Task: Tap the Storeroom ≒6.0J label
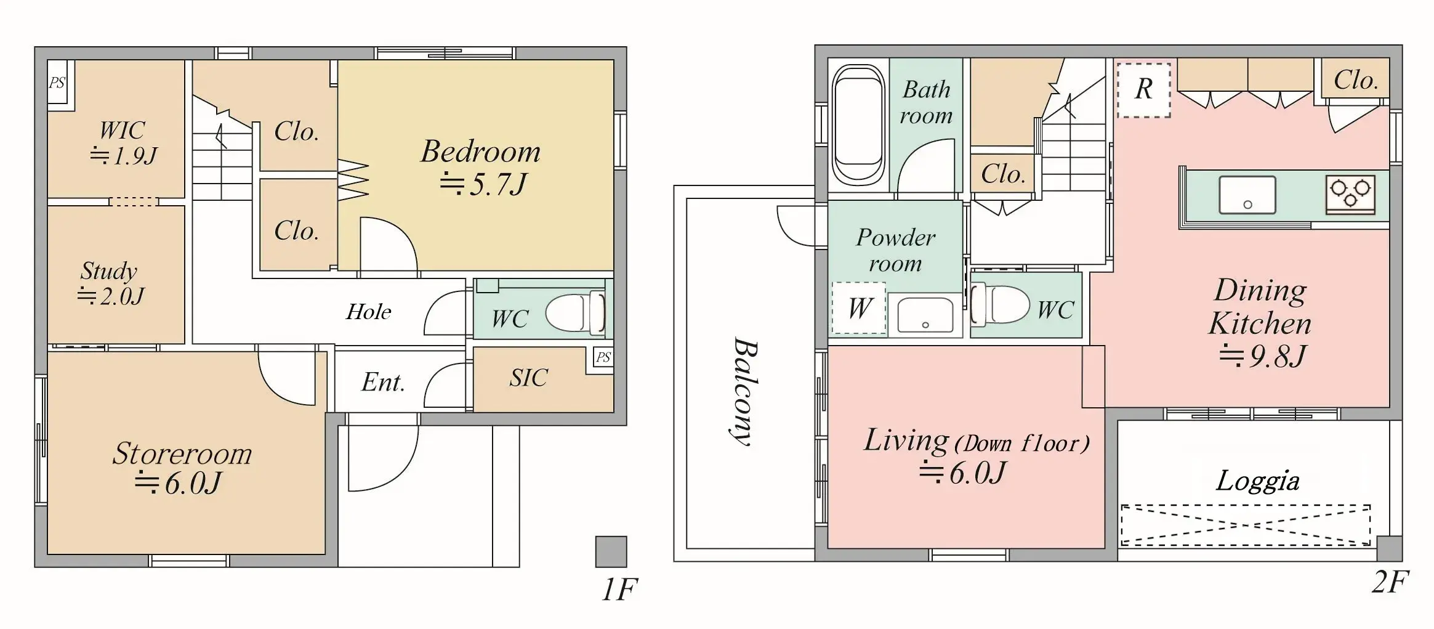[x=182, y=468]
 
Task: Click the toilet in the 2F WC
[x=1001, y=305]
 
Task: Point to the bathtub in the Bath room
[x=858, y=125]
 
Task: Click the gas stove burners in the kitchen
[x=1350, y=194]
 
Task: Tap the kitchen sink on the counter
[x=1247, y=195]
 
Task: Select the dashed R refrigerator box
[x=1143, y=90]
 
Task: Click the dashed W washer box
[x=859, y=308]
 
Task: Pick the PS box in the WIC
[x=57, y=83]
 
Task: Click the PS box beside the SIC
[x=603, y=357]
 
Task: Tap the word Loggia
[x=1257, y=481]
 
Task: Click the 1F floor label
[x=619, y=590]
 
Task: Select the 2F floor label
[x=1390, y=582]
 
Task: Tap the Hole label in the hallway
[x=368, y=312]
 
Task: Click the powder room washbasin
[x=925, y=315]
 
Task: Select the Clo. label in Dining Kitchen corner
[x=1355, y=80]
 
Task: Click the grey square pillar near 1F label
[x=611, y=551]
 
